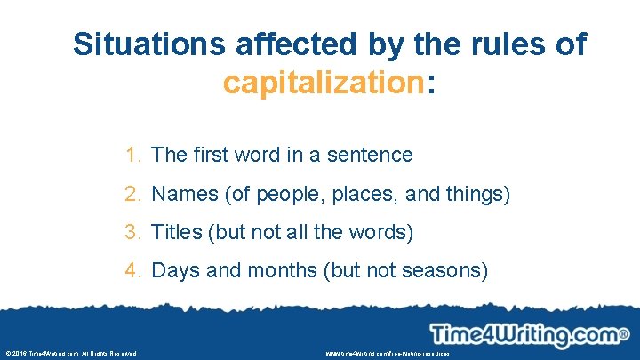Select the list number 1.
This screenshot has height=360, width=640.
(132, 155)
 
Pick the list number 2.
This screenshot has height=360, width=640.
(132, 193)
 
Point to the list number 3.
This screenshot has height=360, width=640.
(132, 232)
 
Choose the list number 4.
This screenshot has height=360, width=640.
(132, 270)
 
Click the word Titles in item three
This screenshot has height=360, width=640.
(176, 232)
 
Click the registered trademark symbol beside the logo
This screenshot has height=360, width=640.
(623, 335)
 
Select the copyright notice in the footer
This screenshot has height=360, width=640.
(70, 354)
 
